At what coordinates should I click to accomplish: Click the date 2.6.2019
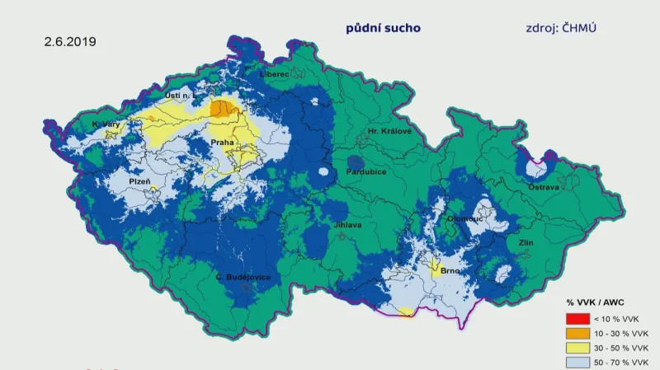[x=71, y=40]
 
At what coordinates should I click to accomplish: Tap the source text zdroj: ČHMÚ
[x=561, y=27]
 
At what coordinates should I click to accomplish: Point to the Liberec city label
[x=275, y=74]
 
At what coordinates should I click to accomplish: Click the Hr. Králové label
[x=389, y=131]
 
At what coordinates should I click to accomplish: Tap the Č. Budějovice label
[x=243, y=277]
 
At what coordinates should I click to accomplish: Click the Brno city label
[x=450, y=270]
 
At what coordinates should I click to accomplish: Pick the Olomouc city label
[x=464, y=220]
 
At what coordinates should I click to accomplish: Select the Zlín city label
[x=526, y=243]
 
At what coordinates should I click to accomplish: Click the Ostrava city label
[x=544, y=187]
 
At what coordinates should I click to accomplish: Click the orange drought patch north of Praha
[x=222, y=108]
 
